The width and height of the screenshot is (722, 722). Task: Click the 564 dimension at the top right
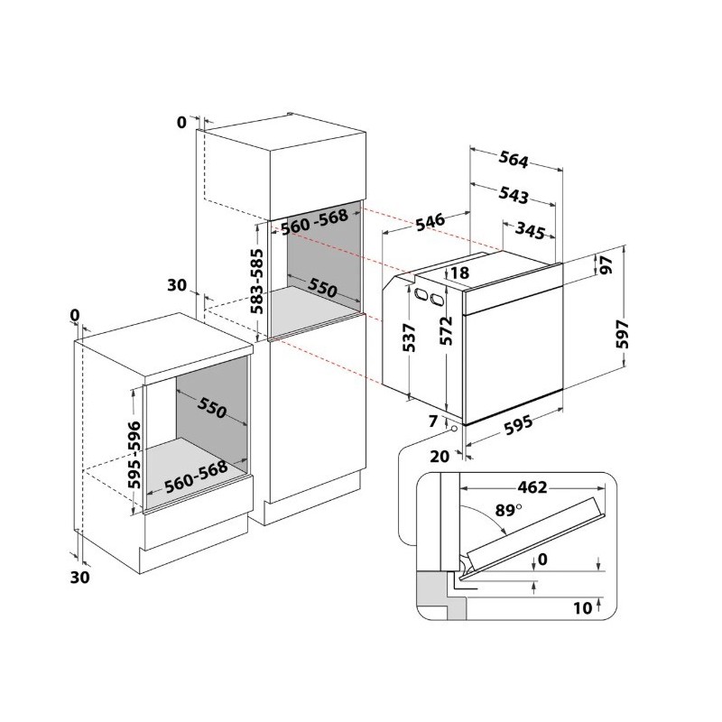click(514, 161)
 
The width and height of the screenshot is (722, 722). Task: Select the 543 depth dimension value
click(514, 195)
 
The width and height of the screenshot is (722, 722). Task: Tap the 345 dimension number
click(530, 229)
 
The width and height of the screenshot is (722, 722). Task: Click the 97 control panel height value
click(606, 264)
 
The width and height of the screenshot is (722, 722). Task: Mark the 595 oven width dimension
click(518, 424)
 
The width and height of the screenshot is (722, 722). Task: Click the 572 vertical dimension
click(446, 330)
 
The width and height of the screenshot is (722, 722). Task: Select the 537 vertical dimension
click(409, 338)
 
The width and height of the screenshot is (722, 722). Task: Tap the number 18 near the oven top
click(459, 273)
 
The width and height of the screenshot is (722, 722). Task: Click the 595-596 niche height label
click(134, 455)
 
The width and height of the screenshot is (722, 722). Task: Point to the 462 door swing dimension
click(532, 486)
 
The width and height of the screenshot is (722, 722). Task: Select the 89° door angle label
click(508, 510)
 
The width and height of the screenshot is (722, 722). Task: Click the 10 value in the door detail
click(582, 607)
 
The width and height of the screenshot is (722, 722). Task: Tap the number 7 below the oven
click(432, 421)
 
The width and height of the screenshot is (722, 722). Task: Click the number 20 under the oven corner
click(440, 456)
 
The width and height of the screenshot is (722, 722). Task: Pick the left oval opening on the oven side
click(420, 294)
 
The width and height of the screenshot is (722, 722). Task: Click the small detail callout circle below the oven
click(455, 429)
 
